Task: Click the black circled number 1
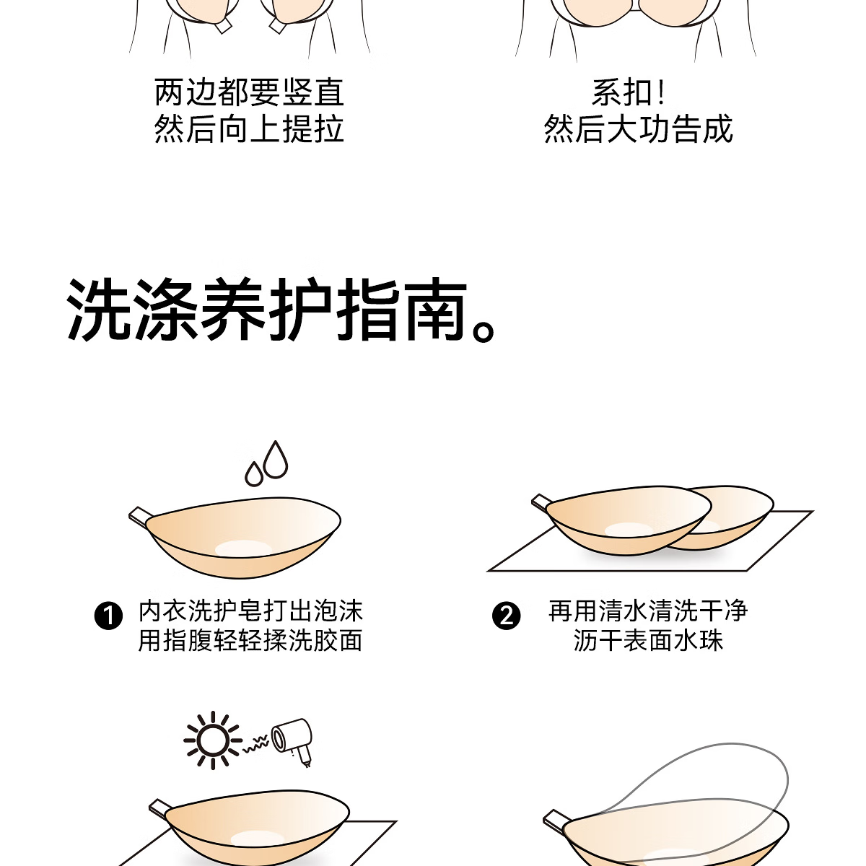[x=108, y=616]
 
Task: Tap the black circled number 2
[x=506, y=616]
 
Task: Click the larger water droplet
[x=275, y=460]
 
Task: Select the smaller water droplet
[x=253, y=473]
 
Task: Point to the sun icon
[x=213, y=740]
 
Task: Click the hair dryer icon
[x=293, y=742]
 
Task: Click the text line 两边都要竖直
[x=250, y=92]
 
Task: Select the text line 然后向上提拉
[x=250, y=129]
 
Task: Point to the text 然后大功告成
[x=638, y=129]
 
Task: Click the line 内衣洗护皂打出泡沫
[x=250, y=611]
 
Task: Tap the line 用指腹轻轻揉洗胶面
[x=250, y=640]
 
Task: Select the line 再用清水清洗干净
[x=648, y=611]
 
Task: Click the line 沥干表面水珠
[x=648, y=640]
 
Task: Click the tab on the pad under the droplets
[x=141, y=517]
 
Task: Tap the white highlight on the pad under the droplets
[x=243, y=549]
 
